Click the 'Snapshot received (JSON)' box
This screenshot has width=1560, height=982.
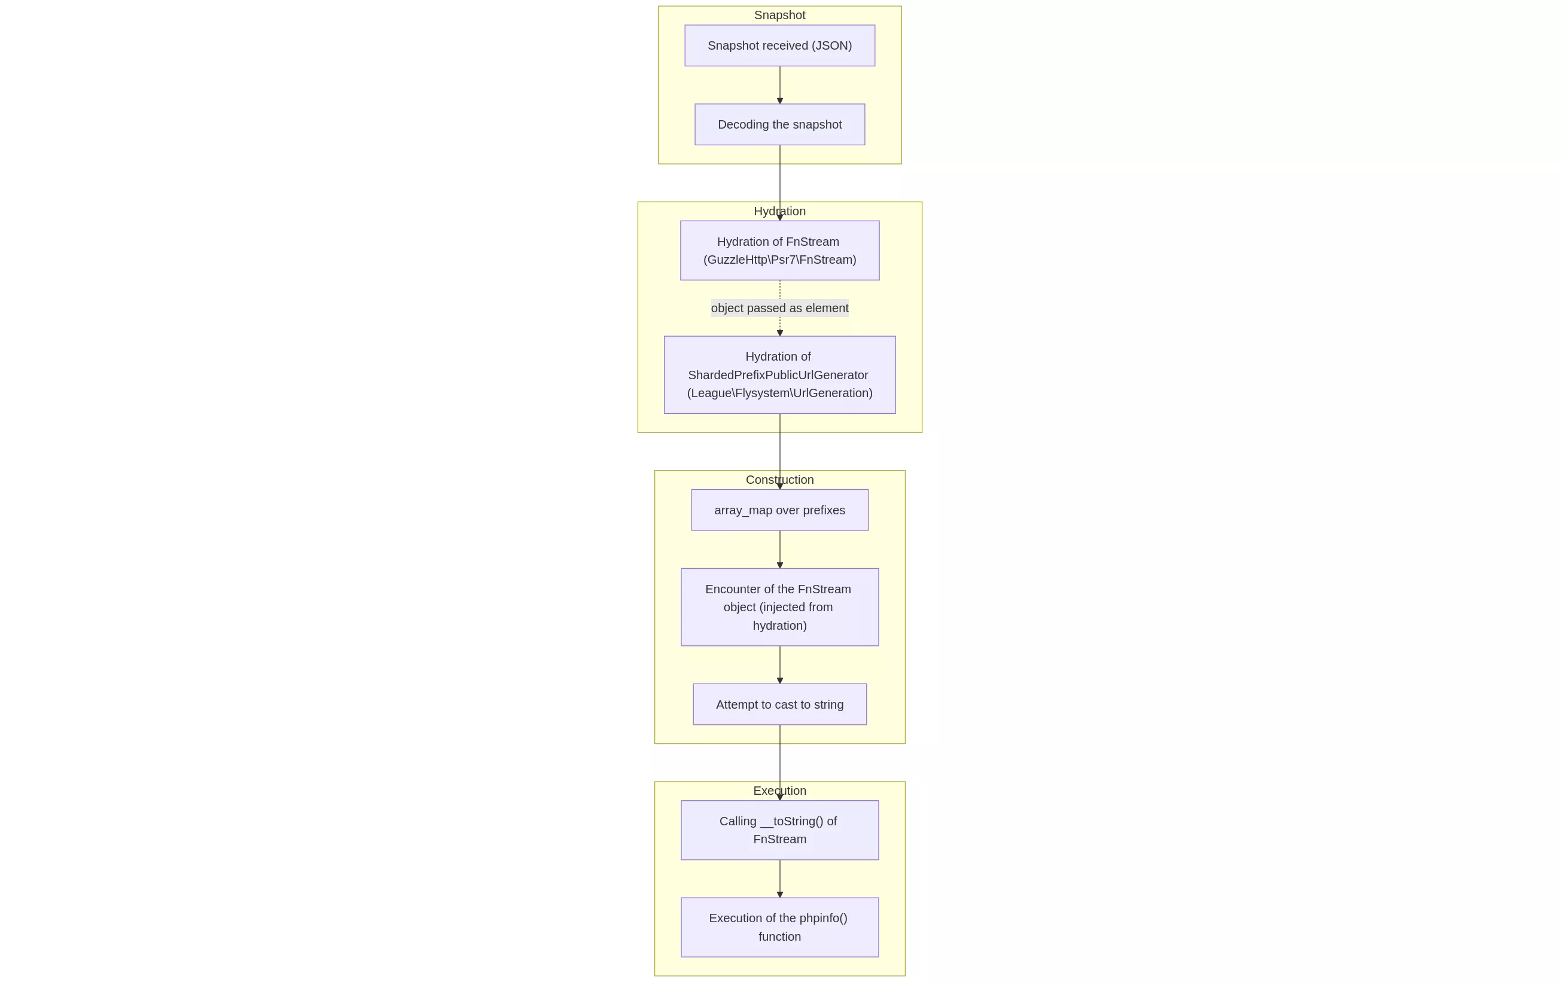[779, 45]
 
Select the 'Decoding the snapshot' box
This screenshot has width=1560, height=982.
[779, 124]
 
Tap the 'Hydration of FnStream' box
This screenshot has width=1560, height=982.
[779, 250]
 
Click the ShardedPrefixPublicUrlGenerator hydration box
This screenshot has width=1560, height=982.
[779, 374]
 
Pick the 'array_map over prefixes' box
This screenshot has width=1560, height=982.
[779, 510]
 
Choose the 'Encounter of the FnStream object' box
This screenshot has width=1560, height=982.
[779, 607]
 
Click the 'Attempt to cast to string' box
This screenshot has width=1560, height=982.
[779, 704]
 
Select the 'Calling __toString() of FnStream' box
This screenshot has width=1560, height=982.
[779, 829]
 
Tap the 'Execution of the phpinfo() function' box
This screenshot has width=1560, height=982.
[779, 927]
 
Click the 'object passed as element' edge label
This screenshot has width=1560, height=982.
[779, 307]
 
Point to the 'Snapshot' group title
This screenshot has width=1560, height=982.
[779, 15]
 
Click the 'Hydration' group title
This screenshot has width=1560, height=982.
[779, 211]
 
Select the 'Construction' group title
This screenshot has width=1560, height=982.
[779, 480]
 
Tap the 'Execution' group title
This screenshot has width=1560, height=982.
[779, 790]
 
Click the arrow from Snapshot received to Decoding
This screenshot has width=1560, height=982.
[780, 84]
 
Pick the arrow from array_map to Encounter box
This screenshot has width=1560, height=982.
[780, 548]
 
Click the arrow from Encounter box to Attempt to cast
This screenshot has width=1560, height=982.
[780, 664]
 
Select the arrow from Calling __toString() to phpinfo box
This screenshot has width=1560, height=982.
[780, 878]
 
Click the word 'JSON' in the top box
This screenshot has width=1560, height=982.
[832, 45]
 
